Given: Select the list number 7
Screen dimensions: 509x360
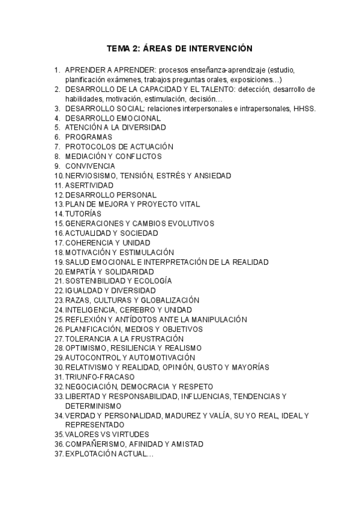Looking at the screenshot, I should click(57, 146).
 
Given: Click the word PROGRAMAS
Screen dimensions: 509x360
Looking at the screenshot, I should click(89, 137).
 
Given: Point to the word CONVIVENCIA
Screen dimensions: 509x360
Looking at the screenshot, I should click(91, 166).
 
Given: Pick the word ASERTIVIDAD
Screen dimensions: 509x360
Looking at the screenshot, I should click(89, 185).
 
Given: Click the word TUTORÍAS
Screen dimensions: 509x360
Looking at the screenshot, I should click(83, 214).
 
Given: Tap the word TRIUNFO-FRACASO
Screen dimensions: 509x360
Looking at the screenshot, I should click(100, 377).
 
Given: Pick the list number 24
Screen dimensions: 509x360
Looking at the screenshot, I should click(58, 310).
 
